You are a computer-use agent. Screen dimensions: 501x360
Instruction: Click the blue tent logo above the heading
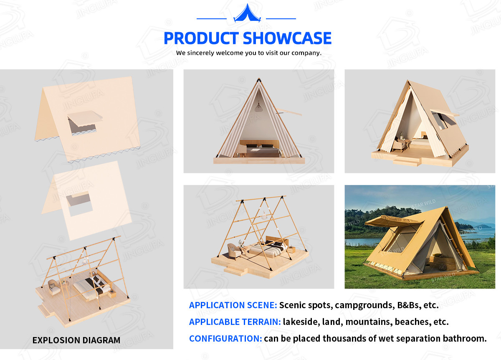[247, 14]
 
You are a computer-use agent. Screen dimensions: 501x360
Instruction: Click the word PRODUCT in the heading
[201, 38]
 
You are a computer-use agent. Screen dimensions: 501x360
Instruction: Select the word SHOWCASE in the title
[287, 38]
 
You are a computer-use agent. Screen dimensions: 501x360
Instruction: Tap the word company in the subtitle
[306, 53]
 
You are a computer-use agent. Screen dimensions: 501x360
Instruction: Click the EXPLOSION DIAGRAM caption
[76, 340]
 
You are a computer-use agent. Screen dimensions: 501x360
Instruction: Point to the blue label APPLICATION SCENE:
[233, 305]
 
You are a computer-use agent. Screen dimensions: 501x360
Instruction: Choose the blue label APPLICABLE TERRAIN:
[235, 322]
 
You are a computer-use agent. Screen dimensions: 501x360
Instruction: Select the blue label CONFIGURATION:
[225, 339]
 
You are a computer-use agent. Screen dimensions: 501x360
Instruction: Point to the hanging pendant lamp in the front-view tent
[258, 107]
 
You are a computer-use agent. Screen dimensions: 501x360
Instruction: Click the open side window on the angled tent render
[442, 121]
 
